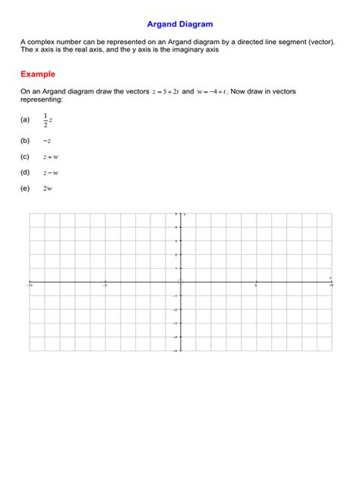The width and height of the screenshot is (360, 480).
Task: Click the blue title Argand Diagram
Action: tap(179, 24)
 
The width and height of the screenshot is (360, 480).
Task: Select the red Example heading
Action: tap(38, 74)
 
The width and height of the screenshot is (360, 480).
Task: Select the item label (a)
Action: tap(25, 120)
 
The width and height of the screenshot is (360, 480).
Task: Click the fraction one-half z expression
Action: tap(48, 120)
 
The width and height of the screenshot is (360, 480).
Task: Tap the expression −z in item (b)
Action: tap(47, 141)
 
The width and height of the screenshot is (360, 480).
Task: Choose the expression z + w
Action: tap(51, 157)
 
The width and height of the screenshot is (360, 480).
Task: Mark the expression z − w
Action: tap(51, 173)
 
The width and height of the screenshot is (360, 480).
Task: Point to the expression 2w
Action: tap(48, 188)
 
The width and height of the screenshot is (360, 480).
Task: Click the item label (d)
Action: tap(25, 173)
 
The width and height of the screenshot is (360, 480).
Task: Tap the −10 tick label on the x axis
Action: tap(30, 286)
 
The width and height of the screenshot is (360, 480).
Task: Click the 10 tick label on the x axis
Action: tap(330, 286)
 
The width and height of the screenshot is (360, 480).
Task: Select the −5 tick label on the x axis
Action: tap(105, 286)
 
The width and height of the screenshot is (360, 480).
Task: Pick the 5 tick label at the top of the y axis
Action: tap(177, 214)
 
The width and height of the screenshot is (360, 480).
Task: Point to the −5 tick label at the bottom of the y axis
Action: tap(176, 350)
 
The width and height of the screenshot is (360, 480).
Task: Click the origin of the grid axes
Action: tap(180, 282)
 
